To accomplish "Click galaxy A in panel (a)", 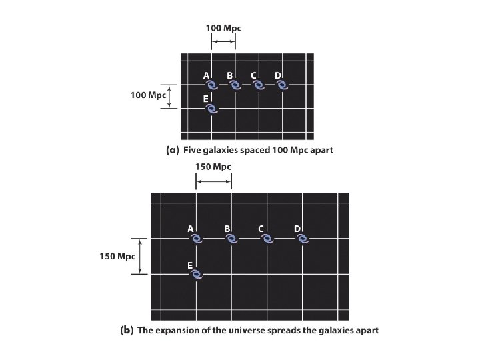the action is [211, 86].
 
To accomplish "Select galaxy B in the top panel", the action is [235, 85].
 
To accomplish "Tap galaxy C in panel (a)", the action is [259, 85].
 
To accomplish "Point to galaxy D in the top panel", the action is [283, 85].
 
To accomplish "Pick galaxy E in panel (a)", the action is [211, 109].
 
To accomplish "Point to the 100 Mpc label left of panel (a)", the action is [147, 95].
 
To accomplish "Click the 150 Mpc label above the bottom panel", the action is [213, 166].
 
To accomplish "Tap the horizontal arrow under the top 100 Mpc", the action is [223, 41].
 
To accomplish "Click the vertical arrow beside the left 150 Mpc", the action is [139, 256].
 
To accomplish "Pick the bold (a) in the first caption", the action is [172, 151].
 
